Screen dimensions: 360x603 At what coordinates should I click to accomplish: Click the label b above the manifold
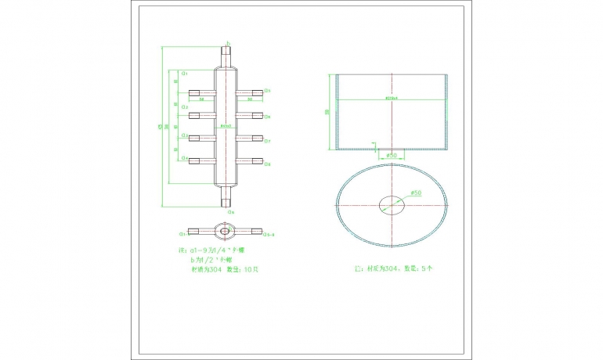point(228,43)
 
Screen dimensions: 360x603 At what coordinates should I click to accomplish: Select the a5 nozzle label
point(267,91)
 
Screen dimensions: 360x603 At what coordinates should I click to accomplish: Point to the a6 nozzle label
point(267,117)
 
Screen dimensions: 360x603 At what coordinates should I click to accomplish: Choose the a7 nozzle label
point(267,141)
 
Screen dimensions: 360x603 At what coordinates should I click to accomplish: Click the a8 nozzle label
point(267,164)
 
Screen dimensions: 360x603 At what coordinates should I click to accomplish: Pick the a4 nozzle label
point(184,159)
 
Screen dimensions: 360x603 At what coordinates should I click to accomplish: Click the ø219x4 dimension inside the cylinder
point(391,99)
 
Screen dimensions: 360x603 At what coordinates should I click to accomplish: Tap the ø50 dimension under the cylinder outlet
point(392,156)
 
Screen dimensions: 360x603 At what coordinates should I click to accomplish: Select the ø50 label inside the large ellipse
point(416,193)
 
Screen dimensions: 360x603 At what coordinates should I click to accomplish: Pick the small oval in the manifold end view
point(226,232)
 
